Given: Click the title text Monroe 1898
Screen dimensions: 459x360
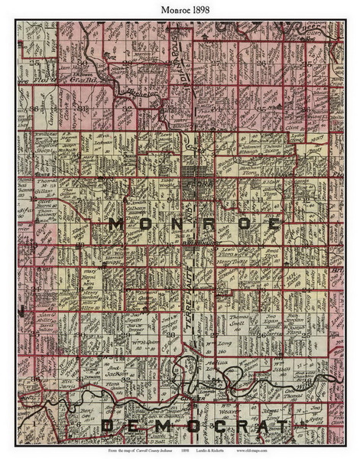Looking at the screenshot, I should point(180,9).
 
